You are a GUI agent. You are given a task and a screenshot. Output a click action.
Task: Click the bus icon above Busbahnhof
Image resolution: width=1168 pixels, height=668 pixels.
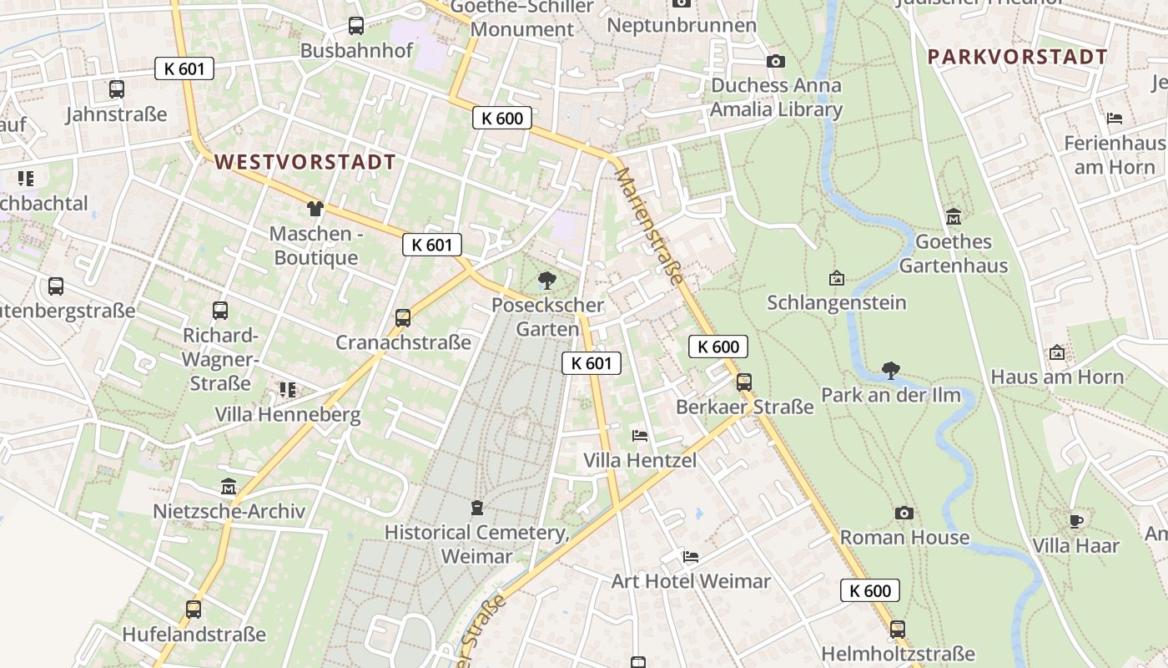pos(356,26)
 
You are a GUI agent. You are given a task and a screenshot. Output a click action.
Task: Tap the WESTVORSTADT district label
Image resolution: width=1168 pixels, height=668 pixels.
pos(305,162)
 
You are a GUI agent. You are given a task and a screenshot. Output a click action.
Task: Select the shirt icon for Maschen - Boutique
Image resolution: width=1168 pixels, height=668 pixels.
pos(315,208)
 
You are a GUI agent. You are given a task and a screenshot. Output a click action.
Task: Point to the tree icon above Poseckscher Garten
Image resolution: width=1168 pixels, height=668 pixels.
pos(547,280)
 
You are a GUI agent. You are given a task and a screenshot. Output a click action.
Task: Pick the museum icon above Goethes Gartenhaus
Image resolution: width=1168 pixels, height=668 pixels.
pos(954,217)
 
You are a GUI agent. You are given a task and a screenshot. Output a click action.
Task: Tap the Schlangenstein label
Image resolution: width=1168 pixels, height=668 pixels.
pos(837,302)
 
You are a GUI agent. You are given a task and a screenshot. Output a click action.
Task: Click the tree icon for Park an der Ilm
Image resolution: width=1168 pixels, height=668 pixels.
pos(891,370)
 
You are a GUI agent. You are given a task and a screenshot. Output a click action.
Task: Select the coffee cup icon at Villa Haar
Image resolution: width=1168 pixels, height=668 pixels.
pos(1076,521)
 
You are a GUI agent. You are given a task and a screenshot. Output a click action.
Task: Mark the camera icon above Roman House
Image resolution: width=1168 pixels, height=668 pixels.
pos(904,513)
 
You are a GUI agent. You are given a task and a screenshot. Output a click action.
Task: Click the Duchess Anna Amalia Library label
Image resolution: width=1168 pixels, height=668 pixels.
pos(777,98)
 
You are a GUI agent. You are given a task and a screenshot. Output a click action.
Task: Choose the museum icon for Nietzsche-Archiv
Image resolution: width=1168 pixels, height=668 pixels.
pos(229,486)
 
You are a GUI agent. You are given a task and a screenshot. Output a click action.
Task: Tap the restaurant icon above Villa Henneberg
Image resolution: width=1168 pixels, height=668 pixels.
pos(288,389)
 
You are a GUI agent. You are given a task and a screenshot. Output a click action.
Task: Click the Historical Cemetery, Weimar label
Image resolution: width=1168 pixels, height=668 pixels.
pos(477,544)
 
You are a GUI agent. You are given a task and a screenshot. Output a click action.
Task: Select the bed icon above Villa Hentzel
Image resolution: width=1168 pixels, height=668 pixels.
pos(640,435)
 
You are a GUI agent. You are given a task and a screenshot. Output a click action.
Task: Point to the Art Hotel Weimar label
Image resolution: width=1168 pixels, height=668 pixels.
pos(691,581)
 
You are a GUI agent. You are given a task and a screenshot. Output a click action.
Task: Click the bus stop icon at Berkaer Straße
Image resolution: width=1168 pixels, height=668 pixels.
pos(744,382)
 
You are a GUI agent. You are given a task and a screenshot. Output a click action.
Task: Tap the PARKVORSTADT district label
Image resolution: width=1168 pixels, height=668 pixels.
pos(1018,57)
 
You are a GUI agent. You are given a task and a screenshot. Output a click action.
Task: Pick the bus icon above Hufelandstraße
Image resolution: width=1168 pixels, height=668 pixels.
pos(194,610)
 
